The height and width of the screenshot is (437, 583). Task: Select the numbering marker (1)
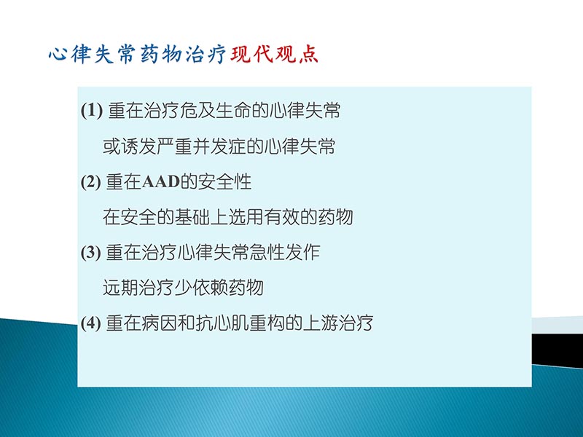pos(93,112)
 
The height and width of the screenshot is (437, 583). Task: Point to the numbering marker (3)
pos(93,253)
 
